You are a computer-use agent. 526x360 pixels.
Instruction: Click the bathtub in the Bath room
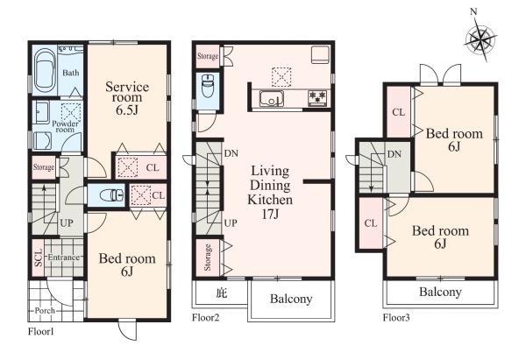(45, 71)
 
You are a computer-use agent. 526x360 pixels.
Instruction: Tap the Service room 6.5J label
(127, 98)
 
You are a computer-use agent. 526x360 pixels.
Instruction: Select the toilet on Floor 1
(112, 194)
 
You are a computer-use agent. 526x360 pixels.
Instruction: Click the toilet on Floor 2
(208, 85)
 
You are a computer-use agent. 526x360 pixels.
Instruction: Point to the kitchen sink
(272, 98)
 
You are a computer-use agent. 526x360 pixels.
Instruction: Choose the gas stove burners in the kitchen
(317, 97)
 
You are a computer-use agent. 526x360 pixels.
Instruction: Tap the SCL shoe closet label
(39, 258)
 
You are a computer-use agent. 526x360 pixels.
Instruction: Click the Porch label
(45, 310)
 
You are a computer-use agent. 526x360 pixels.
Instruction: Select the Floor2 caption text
(205, 317)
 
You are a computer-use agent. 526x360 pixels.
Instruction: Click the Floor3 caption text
(396, 317)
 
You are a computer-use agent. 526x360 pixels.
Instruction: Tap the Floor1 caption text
(40, 331)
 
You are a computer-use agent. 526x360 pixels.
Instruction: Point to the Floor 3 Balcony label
(440, 292)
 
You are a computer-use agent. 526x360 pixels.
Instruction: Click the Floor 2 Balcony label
(291, 299)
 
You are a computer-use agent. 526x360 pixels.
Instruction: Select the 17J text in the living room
(270, 214)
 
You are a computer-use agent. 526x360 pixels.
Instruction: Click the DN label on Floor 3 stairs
(394, 154)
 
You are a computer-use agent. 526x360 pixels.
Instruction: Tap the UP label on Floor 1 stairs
(67, 222)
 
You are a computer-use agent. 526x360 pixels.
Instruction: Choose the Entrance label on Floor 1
(64, 258)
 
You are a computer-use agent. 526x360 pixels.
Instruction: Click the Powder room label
(65, 126)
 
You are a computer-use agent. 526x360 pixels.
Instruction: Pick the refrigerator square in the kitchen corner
(320, 54)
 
